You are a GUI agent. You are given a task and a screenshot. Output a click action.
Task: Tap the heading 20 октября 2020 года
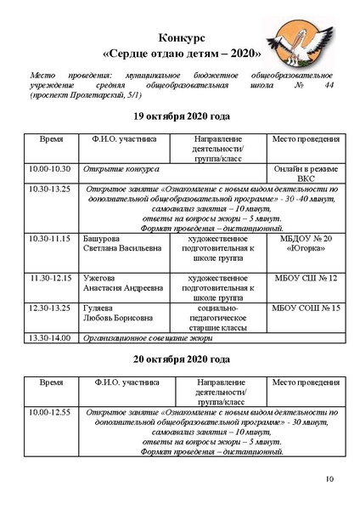coord(181,359)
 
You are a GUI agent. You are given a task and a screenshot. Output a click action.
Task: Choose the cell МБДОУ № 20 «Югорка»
coord(307,244)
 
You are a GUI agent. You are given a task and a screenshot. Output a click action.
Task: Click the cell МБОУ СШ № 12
coord(307,278)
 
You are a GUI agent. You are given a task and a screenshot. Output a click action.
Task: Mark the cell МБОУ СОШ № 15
coord(307,308)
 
